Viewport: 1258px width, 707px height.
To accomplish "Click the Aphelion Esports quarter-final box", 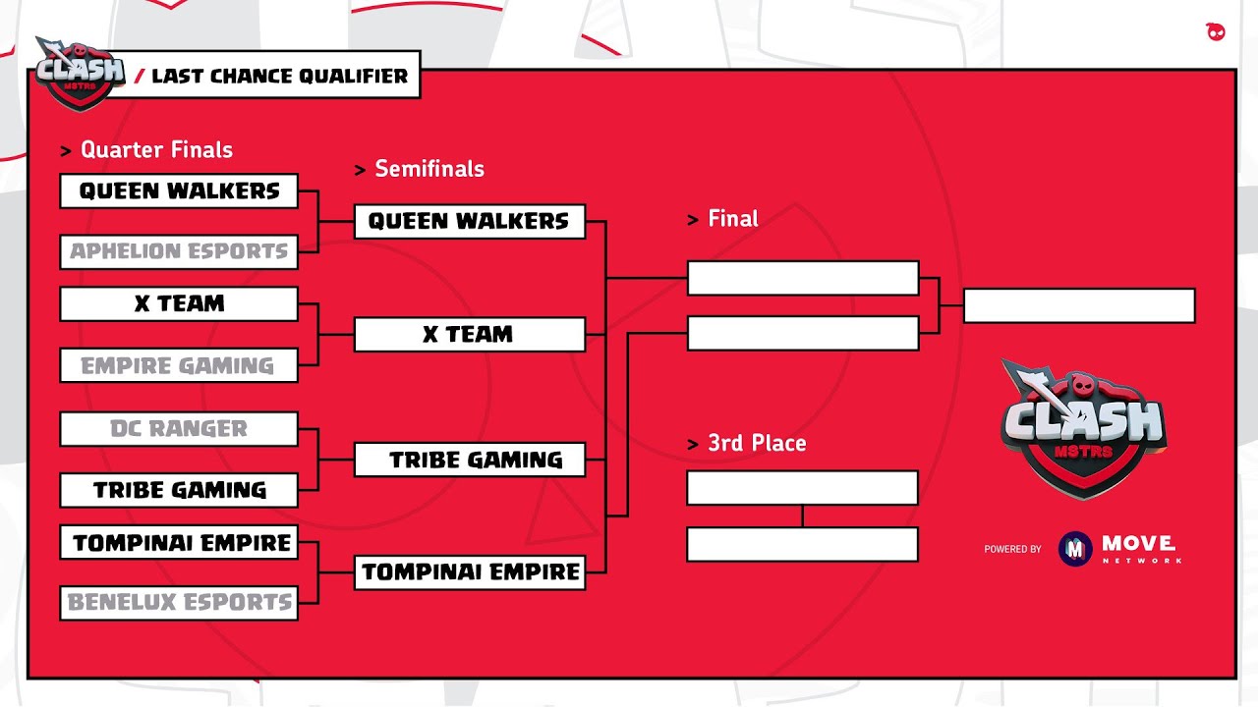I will [x=179, y=251].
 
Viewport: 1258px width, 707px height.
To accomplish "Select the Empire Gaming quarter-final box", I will [x=179, y=365].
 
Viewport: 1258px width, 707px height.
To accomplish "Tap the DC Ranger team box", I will [x=179, y=429].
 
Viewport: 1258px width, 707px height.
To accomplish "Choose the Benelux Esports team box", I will [x=179, y=602].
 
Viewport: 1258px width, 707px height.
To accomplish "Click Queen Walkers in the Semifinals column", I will [x=469, y=222].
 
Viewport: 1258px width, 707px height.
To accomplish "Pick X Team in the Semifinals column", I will [x=469, y=335].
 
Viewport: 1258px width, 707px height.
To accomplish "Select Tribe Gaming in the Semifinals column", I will [x=469, y=460].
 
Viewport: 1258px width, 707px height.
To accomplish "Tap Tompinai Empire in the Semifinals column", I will [x=469, y=571].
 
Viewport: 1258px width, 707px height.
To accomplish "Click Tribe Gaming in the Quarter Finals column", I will [x=179, y=490].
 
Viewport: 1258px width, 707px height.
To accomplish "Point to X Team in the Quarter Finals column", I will [x=179, y=304].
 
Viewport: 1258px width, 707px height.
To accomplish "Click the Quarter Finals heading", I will [x=156, y=150].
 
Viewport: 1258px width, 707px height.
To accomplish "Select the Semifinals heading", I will [x=429, y=169].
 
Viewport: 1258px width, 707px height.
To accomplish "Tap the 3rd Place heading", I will [x=757, y=444].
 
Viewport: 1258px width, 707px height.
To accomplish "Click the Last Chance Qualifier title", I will [x=279, y=77].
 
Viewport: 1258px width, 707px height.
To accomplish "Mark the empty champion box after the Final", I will [x=1079, y=305].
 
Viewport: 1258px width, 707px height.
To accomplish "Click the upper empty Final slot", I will [x=803, y=278].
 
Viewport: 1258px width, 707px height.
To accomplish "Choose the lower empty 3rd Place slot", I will [x=803, y=544].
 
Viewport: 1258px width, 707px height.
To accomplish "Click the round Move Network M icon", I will [x=1075, y=549].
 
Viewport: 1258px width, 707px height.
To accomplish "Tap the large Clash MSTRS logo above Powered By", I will [x=1081, y=424].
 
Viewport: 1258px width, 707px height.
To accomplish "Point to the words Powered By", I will [x=1012, y=550].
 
